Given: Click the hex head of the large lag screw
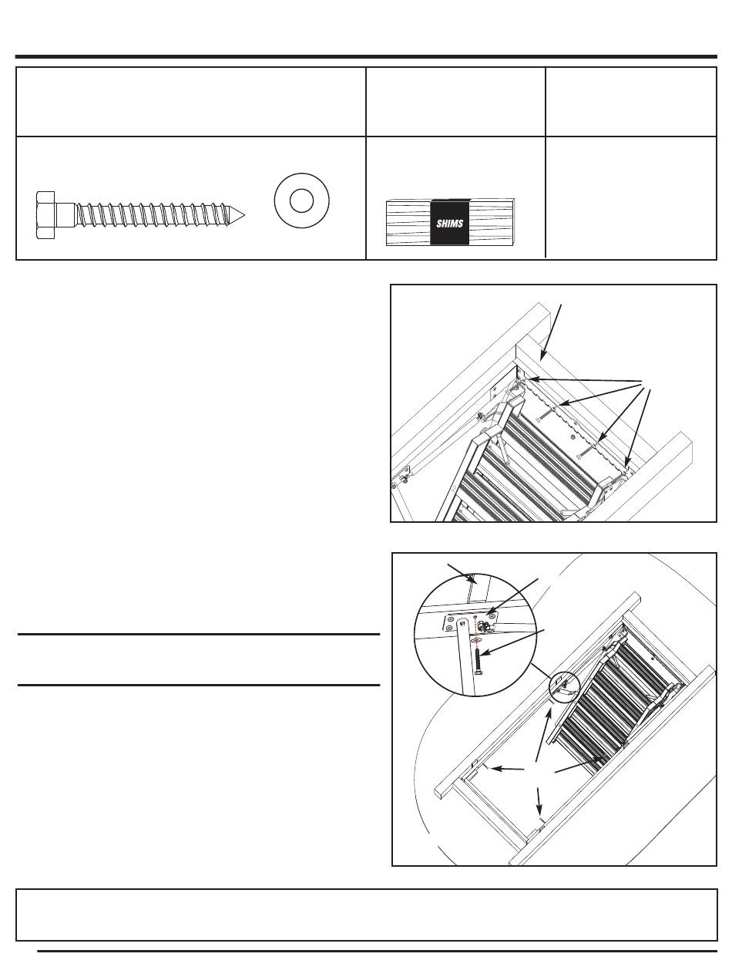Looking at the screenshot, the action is (45, 215).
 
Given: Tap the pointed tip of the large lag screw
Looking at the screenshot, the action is (245, 215).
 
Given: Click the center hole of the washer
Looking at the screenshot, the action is (301, 200).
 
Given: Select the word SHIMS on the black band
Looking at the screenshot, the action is (449, 224).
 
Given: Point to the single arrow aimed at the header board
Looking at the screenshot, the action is (551, 332).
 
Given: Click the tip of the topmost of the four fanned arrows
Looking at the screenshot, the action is (529, 379).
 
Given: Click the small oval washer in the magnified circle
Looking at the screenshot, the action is (475, 640).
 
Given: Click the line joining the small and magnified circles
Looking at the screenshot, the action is (541, 672).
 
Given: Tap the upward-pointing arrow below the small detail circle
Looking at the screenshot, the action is (542, 734).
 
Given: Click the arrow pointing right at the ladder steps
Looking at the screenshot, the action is (579, 764).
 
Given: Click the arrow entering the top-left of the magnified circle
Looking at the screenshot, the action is (461, 574).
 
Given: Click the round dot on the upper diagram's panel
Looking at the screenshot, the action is (573, 437).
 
